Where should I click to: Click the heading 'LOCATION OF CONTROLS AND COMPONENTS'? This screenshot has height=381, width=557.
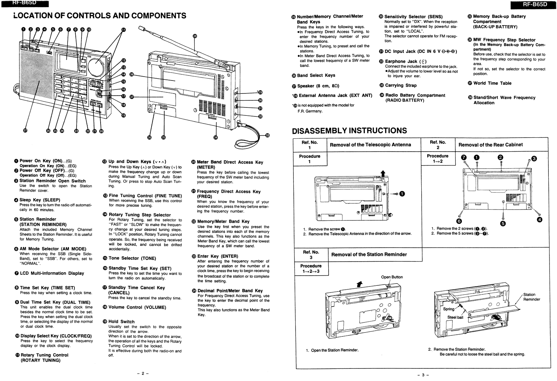(x=100, y=16)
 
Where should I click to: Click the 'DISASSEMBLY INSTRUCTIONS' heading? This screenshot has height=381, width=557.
(x=349, y=130)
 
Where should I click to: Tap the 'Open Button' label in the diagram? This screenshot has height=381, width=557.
(x=392, y=277)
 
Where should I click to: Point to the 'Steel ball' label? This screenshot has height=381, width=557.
(x=455, y=317)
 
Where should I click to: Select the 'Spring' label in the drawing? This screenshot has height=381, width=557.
(x=449, y=309)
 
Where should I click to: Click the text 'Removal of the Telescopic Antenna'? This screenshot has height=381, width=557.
(x=370, y=145)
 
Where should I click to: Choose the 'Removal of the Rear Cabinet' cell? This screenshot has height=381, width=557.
(x=490, y=145)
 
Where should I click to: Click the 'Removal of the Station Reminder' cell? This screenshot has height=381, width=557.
(x=369, y=254)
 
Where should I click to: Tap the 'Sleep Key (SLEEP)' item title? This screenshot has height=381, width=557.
(x=40, y=200)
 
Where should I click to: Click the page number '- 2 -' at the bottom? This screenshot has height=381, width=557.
(x=143, y=373)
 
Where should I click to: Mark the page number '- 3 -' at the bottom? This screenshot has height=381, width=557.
(x=423, y=375)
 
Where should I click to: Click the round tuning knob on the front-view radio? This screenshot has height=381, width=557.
(x=96, y=65)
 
